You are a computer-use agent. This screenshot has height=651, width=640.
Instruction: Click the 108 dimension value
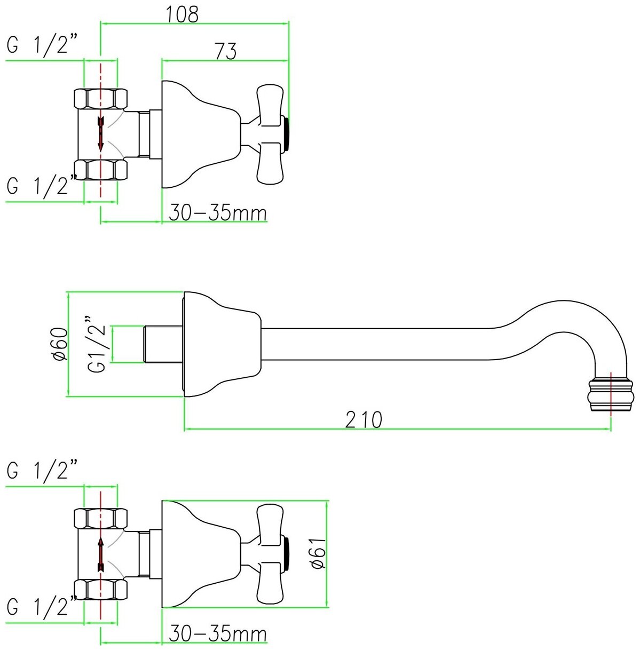click(x=183, y=14)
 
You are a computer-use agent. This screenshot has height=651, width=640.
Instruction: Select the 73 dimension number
click(x=225, y=51)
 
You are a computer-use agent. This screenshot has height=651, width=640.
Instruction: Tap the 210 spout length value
click(x=364, y=420)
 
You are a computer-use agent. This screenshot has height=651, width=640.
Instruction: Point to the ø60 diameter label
click(x=60, y=344)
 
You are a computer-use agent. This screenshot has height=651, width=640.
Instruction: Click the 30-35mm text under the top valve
click(x=218, y=213)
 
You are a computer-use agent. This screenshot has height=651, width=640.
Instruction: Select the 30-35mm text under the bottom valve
click(x=218, y=634)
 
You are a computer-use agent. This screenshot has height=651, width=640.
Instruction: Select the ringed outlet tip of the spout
click(x=611, y=395)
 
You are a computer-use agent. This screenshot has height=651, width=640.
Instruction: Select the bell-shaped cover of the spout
click(x=222, y=344)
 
